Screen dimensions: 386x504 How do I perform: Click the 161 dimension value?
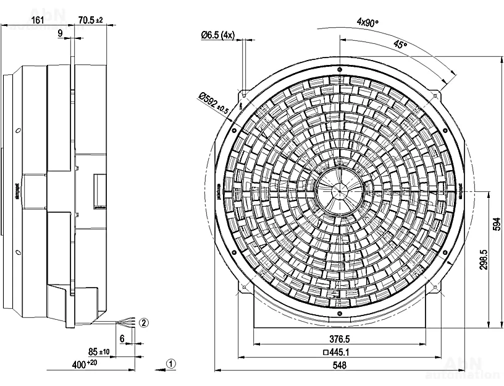[x=37, y=20]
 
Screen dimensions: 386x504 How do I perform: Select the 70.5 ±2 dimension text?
[x=91, y=20]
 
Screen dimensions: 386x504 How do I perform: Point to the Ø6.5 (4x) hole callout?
[x=217, y=35]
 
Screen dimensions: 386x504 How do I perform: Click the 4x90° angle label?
[x=368, y=22]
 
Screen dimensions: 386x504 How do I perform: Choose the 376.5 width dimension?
[x=339, y=339]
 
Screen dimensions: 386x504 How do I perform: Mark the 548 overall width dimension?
[x=339, y=366]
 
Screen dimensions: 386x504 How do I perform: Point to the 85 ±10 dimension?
[x=98, y=352]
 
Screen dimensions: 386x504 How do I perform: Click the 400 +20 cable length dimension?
[x=85, y=364]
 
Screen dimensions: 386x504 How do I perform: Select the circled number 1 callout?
[x=172, y=364]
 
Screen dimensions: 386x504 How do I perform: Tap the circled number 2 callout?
[x=144, y=322]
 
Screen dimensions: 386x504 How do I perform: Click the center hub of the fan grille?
[x=339, y=191]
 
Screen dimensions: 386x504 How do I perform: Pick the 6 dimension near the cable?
[x=122, y=338]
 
